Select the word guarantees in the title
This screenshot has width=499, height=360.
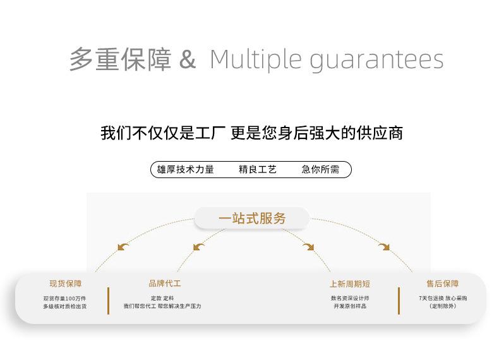[376, 60]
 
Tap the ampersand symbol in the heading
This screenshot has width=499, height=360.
[188, 60]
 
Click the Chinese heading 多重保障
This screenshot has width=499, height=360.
[120, 60]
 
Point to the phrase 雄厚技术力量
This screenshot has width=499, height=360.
[186, 169]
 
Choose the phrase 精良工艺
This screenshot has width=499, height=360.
[258, 169]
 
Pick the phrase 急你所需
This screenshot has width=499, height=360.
[320, 169]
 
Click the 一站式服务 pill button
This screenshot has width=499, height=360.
[252, 219]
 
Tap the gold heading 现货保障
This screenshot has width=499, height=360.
[66, 284]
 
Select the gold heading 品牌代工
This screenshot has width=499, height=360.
[165, 284]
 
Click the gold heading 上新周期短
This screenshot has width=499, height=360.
[350, 284]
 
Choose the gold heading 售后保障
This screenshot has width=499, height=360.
[443, 284]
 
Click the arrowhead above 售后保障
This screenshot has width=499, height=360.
[384, 246]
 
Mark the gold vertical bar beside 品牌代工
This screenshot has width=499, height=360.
[109, 301]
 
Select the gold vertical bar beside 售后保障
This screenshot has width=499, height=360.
[399, 301]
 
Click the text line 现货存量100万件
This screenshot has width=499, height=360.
[65, 298]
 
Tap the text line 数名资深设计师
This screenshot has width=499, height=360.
[350, 298]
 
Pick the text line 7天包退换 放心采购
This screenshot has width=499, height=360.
[443, 298]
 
